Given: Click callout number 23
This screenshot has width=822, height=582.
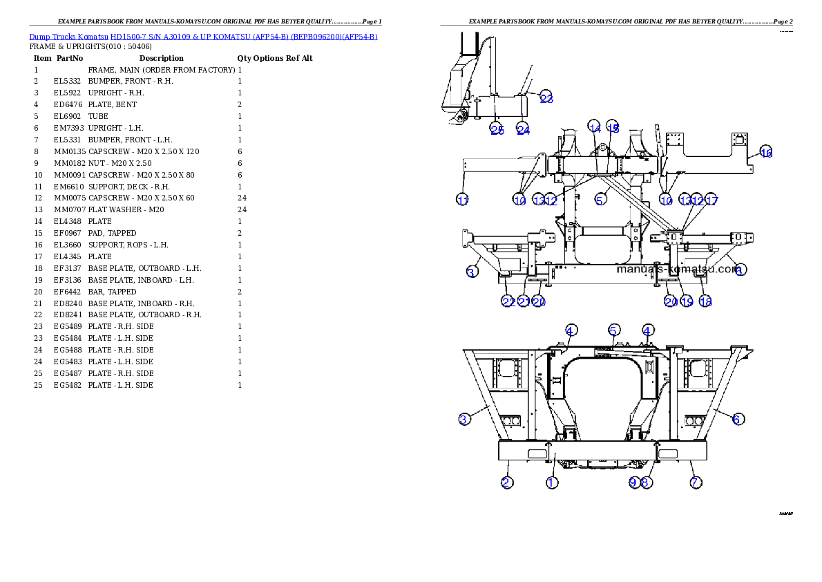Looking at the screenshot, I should (546, 97).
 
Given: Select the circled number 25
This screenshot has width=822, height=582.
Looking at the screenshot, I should (497, 129).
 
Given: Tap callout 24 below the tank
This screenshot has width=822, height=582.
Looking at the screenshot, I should (523, 129).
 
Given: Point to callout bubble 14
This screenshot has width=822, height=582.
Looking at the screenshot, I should (595, 126).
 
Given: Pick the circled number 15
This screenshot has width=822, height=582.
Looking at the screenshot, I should (613, 126).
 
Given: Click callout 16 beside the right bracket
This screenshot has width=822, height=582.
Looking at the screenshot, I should (766, 152).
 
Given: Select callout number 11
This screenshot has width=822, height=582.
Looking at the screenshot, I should (463, 200).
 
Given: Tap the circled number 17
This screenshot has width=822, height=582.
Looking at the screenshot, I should (711, 200).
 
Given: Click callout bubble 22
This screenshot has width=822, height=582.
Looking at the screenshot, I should (508, 301).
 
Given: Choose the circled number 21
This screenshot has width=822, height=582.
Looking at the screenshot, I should (524, 301).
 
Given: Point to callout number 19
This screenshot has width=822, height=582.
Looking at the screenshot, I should (687, 301).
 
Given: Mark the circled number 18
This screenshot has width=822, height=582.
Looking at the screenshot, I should (705, 301).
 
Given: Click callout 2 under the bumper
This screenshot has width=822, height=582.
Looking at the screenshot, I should (507, 482).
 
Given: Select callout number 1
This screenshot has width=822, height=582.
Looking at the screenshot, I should (552, 482).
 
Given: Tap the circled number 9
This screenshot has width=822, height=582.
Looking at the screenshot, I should (634, 482).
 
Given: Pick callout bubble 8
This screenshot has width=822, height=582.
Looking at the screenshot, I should (645, 482).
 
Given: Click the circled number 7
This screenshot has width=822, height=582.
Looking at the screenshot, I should (696, 482).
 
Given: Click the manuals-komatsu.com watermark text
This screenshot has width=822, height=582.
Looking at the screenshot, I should (677, 269).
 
